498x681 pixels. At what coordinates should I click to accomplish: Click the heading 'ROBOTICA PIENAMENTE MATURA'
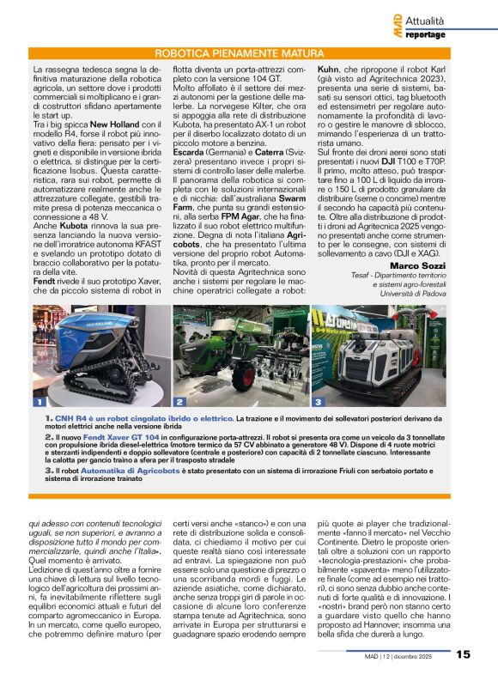249,53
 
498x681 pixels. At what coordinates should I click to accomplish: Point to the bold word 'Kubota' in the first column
76,238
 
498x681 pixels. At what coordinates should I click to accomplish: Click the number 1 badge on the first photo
39,401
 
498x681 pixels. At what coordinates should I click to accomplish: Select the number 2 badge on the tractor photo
179,401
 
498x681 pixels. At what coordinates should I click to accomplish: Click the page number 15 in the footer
463,654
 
